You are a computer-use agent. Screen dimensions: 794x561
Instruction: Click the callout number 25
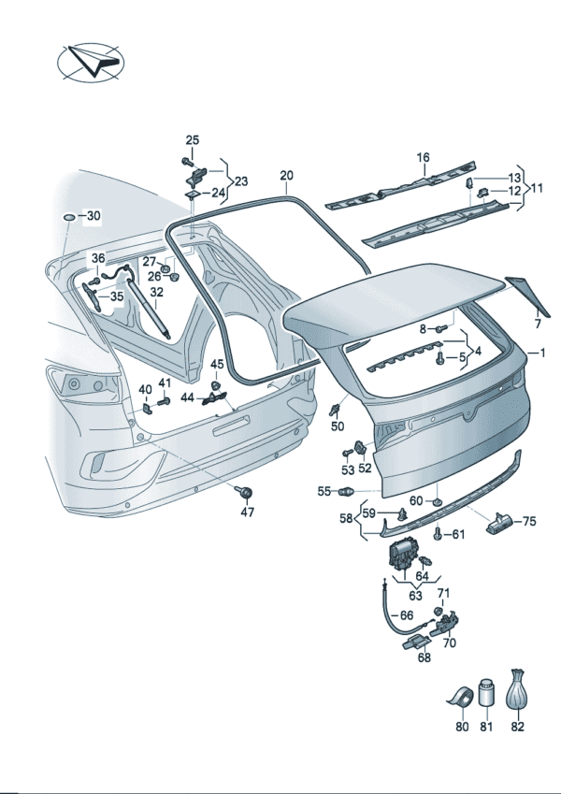(192, 140)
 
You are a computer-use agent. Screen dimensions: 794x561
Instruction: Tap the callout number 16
(423, 157)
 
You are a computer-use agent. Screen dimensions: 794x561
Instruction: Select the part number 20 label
(286, 175)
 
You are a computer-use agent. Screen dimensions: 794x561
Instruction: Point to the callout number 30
(93, 216)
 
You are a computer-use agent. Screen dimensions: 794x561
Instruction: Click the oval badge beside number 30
(69, 217)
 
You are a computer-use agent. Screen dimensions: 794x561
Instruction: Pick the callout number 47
(247, 512)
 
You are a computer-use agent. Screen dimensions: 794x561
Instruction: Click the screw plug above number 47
(247, 492)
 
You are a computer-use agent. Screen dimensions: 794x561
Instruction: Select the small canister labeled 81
(485, 694)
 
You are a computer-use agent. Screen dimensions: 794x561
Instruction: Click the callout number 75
(528, 522)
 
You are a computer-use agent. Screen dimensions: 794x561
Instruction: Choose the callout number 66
(405, 615)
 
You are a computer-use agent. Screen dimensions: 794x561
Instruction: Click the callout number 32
(157, 292)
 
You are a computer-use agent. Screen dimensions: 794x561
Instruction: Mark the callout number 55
(324, 491)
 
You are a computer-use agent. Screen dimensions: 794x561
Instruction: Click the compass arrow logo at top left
(92, 64)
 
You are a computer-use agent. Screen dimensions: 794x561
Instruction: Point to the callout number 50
(338, 426)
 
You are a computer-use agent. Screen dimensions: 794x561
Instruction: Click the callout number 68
(424, 658)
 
